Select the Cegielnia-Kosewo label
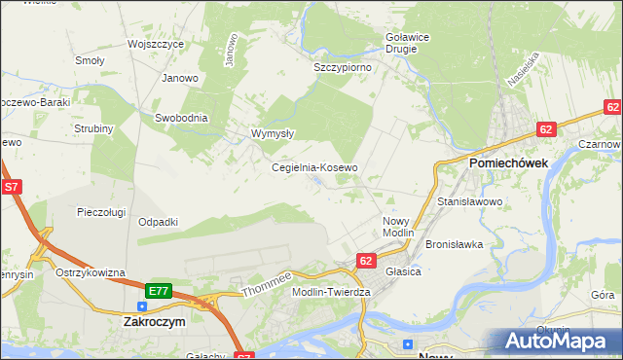[314, 167]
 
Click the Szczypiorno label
[344, 68]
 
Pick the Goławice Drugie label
[402, 43]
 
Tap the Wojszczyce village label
[156, 45]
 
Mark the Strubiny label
[94, 128]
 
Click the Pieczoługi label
[103, 211]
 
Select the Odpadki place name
[158, 222]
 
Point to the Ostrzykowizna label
[91, 272]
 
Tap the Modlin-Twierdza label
[333, 292]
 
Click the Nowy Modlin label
[397, 227]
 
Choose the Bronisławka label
[455, 244]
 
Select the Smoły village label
[90, 60]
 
